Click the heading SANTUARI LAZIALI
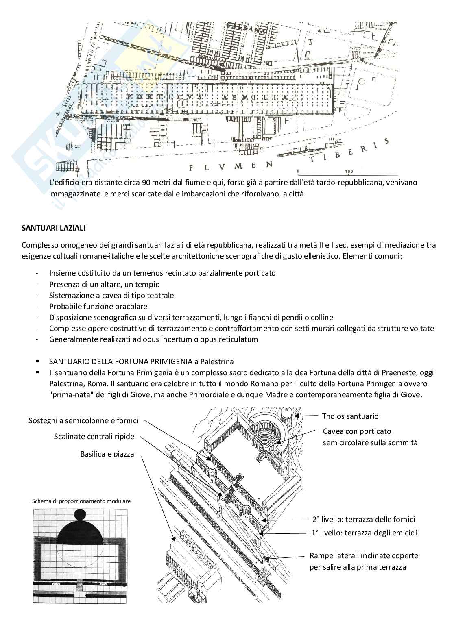tap(53, 228)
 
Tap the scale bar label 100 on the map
tap(349, 172)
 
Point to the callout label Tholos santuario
tap(350, 416)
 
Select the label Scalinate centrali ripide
tap(94, 437)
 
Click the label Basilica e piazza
tap(107, 454)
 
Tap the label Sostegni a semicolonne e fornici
tap(83, 420)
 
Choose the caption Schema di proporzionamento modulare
tap(81, 501)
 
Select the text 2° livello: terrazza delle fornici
tap(364, 519)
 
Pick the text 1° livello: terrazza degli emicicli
tap(364, 533)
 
